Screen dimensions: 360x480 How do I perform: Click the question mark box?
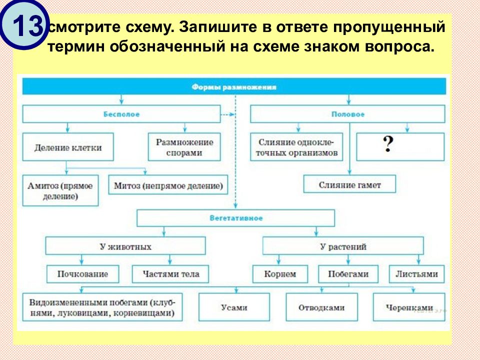[400, 146]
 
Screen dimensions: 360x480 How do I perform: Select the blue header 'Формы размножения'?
[233, 87]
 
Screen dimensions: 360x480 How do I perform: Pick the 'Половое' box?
[347, 114]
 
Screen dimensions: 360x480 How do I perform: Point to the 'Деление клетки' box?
[68, 147]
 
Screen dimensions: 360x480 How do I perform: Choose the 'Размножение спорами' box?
[184, 147]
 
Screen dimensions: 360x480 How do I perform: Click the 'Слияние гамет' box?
[349, 184]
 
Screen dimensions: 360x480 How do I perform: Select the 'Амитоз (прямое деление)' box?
[60, 190]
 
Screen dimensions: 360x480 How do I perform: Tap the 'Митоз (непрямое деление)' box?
[168, 185]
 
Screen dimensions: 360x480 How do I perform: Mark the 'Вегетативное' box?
[236, 218]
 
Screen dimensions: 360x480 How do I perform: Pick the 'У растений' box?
[343, 246]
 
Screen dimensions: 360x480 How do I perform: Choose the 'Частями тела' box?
[170, 274]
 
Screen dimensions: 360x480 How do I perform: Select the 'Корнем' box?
[281, 274]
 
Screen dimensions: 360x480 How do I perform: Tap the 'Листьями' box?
[416, 274]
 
